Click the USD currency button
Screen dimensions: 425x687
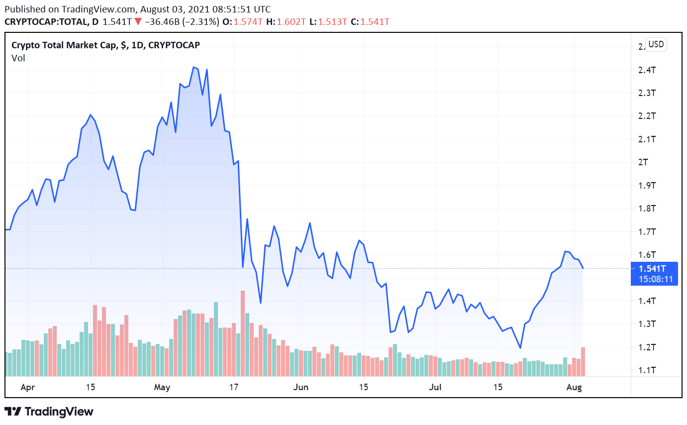[x=656, y=44]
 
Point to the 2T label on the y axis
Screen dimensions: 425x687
[x=644, y=162]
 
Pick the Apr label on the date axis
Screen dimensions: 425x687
[x=28, y=387]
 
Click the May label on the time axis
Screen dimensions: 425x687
[x=162, y=387]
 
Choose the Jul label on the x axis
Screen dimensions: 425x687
[x=435, y=387]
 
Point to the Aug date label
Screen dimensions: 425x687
[x=575, y=387]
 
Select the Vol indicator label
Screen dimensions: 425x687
[x=18, y=58]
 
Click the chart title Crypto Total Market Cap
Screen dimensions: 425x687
[x=65, y=45]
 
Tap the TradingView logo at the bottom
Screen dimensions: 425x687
[x=49, y=412]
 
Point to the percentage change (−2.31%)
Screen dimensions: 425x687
[x=200, y=22]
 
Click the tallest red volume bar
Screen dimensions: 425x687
[x=243, y=333]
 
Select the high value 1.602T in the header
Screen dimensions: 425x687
[x=292, y=22]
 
